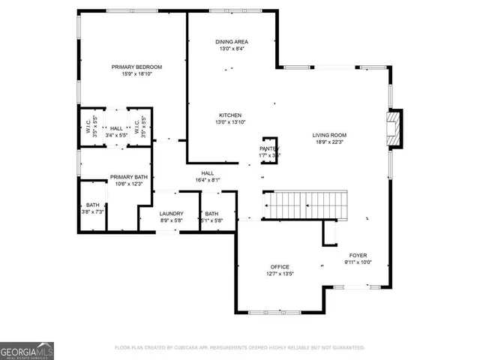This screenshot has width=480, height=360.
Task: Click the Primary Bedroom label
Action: [136, 67]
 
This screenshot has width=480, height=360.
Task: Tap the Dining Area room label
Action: [232, 42]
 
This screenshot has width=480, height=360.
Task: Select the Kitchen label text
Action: [229, 115]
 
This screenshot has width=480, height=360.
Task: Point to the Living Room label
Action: [329, 135]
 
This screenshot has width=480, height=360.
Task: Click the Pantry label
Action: [268, 148]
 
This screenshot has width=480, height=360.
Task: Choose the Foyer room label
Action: [358, 256]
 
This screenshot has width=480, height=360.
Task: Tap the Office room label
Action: [280, 267]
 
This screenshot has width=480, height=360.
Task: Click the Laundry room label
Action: [171, 214]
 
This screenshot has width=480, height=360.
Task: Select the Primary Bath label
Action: [126, 177]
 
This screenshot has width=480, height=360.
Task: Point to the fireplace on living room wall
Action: [393, 130]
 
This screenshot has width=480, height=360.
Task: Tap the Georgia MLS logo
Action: [26, 350]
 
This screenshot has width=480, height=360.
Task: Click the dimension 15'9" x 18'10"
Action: [136, 73]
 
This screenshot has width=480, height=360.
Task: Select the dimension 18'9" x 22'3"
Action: [329, 142]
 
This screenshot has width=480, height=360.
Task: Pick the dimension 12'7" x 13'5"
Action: [280, 274]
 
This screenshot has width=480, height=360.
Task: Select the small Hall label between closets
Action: [116, 128]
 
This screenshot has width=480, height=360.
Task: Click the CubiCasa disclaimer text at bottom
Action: [240, 347]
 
